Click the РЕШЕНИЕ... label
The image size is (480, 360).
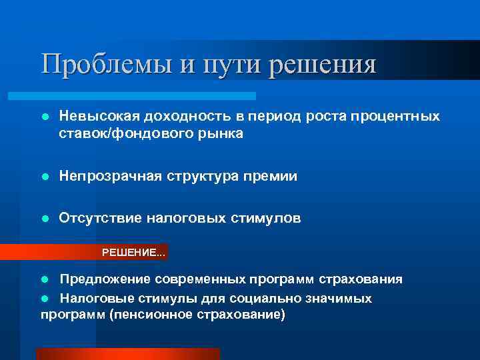(133, 253)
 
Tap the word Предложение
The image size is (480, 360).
(106, 279)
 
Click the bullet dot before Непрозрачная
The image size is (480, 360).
(45, 177)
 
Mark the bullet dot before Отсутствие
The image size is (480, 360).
(45, 219)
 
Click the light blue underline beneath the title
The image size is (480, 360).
(147, 96)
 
